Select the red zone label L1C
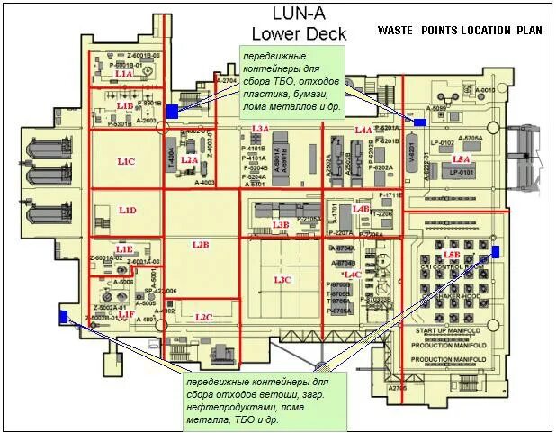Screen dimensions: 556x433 click(126, 161)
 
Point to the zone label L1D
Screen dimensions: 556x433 click(128, 211)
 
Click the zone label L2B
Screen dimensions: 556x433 click(200, 244)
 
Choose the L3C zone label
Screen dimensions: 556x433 click(282, 280)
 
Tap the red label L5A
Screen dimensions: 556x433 click(461, 158)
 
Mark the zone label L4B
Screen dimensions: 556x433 click(361, 208)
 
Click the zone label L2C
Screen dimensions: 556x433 click(203, 317)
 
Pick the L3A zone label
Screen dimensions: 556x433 click(260, 130)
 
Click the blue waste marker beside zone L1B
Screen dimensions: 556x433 click(172, 111)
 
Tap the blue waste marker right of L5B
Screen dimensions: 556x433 click(495, 251)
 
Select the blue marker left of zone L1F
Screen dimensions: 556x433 click(62, 316)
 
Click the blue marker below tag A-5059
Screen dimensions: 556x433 click(418, 122)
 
